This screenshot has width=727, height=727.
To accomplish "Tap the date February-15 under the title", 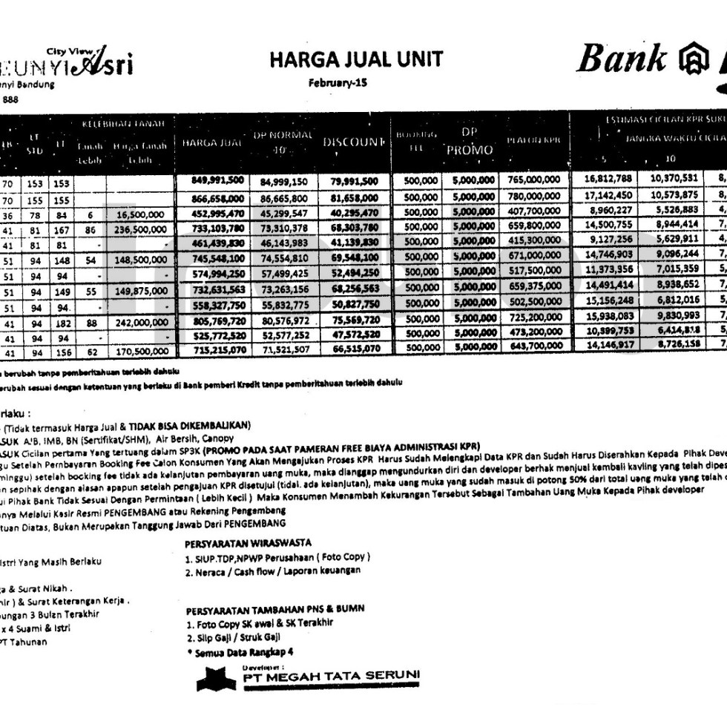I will coord(338,83).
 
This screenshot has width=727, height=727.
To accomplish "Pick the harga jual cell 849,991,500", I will coord(211,180).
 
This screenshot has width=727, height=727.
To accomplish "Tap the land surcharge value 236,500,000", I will coord(142,228).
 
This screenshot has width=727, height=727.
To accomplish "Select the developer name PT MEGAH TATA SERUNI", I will coord(330,674).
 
